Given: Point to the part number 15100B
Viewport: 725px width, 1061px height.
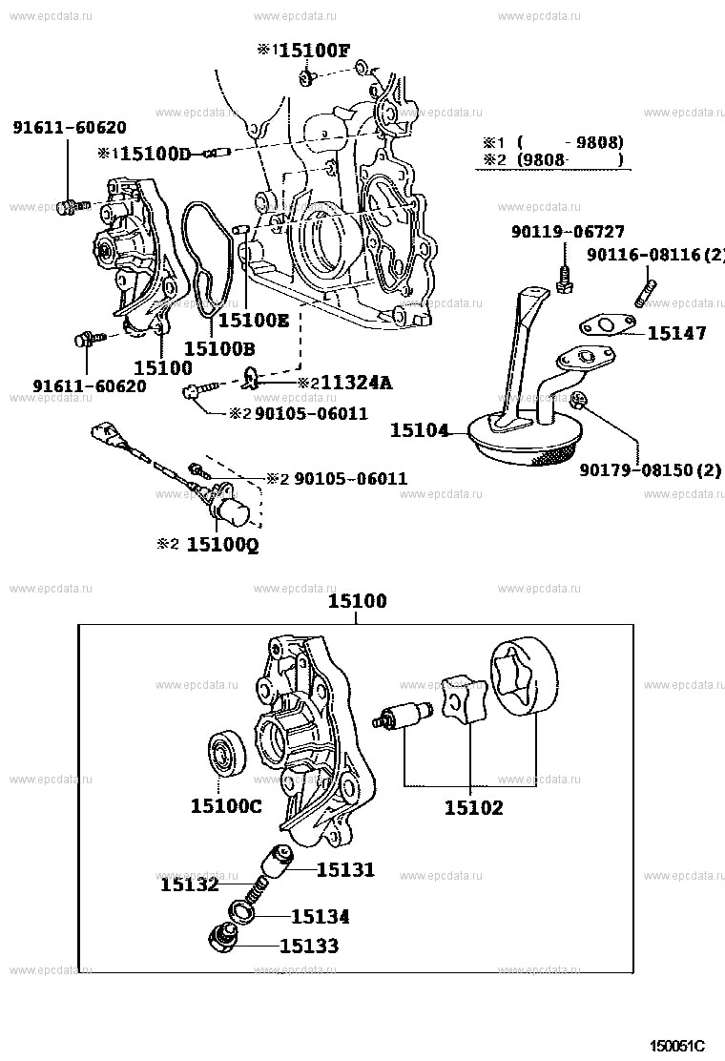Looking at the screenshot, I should pyautogui.click(x=218, y=348).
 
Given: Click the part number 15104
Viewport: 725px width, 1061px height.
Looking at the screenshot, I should pyautogui.click(x=419, y=430).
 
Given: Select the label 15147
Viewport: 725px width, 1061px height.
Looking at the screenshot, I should pyautogui.click(x=676, y=333).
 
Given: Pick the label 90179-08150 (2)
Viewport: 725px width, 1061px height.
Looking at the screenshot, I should pyautogui.click(x=650, y=469).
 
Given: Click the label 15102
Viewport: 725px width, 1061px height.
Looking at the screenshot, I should pyautogui.click(x=473, y=807).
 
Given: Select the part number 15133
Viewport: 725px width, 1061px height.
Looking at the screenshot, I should pyautogui.click(x=308, y=946).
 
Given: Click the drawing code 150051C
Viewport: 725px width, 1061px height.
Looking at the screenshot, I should pyautogui.click(x=677, y=1045).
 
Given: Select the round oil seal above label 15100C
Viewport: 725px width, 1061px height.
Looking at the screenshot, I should pyautogui.click(x=226, y=756).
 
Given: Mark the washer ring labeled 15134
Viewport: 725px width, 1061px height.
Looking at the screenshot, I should pyautogui.click(x=242, y=914).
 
